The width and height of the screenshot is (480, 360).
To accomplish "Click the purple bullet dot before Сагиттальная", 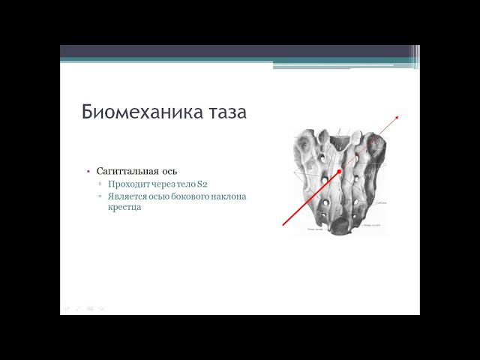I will (x=88, y=172).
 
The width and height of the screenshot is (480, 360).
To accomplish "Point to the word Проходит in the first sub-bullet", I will (x=127, y=184).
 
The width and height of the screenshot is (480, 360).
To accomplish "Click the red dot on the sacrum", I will (x=340, y=172).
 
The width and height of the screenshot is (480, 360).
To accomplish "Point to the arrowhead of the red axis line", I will (x=397, y=116).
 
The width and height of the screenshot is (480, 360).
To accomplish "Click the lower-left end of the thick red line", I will (x=284, y=223).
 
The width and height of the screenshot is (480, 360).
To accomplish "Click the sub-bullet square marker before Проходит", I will (x=100, y=184).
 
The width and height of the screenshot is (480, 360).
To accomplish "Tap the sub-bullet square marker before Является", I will (x=100, y=196).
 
